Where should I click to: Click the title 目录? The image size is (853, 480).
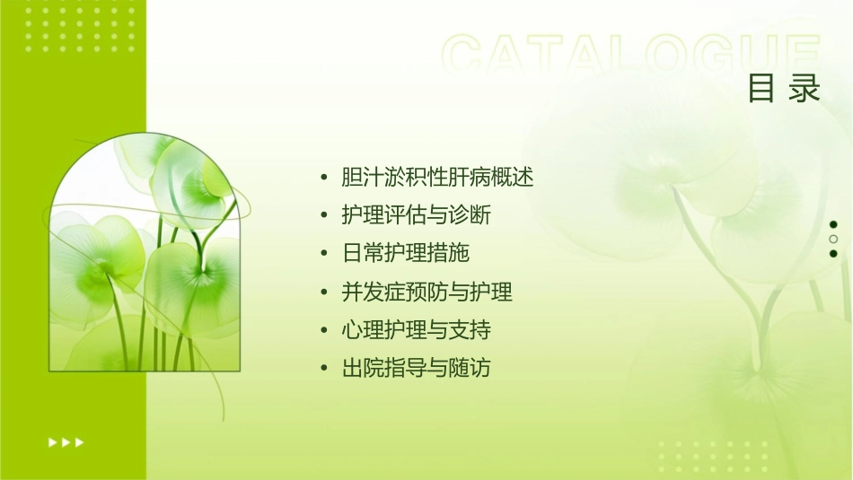[784, 89]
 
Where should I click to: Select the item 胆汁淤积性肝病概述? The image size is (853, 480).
[437, 178]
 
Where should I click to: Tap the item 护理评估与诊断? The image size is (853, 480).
[416, 215]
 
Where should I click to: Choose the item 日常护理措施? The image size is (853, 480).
[405, 254]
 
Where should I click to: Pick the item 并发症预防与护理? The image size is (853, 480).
[426, 292]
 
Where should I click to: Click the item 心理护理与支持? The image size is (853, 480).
[416, 330]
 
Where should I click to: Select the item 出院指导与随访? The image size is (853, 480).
[416, 368]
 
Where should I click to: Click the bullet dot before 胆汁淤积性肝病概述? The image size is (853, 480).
[324, 178]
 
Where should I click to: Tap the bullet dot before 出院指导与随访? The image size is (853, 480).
[324, 368]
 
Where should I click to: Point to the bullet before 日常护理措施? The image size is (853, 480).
[324, 254]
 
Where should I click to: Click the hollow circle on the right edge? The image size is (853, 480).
[833, 239]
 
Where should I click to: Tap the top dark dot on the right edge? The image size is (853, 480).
[833, 224]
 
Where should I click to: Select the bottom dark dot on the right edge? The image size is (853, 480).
[833, 253]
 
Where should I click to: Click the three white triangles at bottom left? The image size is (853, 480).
[66, 441]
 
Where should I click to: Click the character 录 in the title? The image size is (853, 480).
[805, 89]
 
